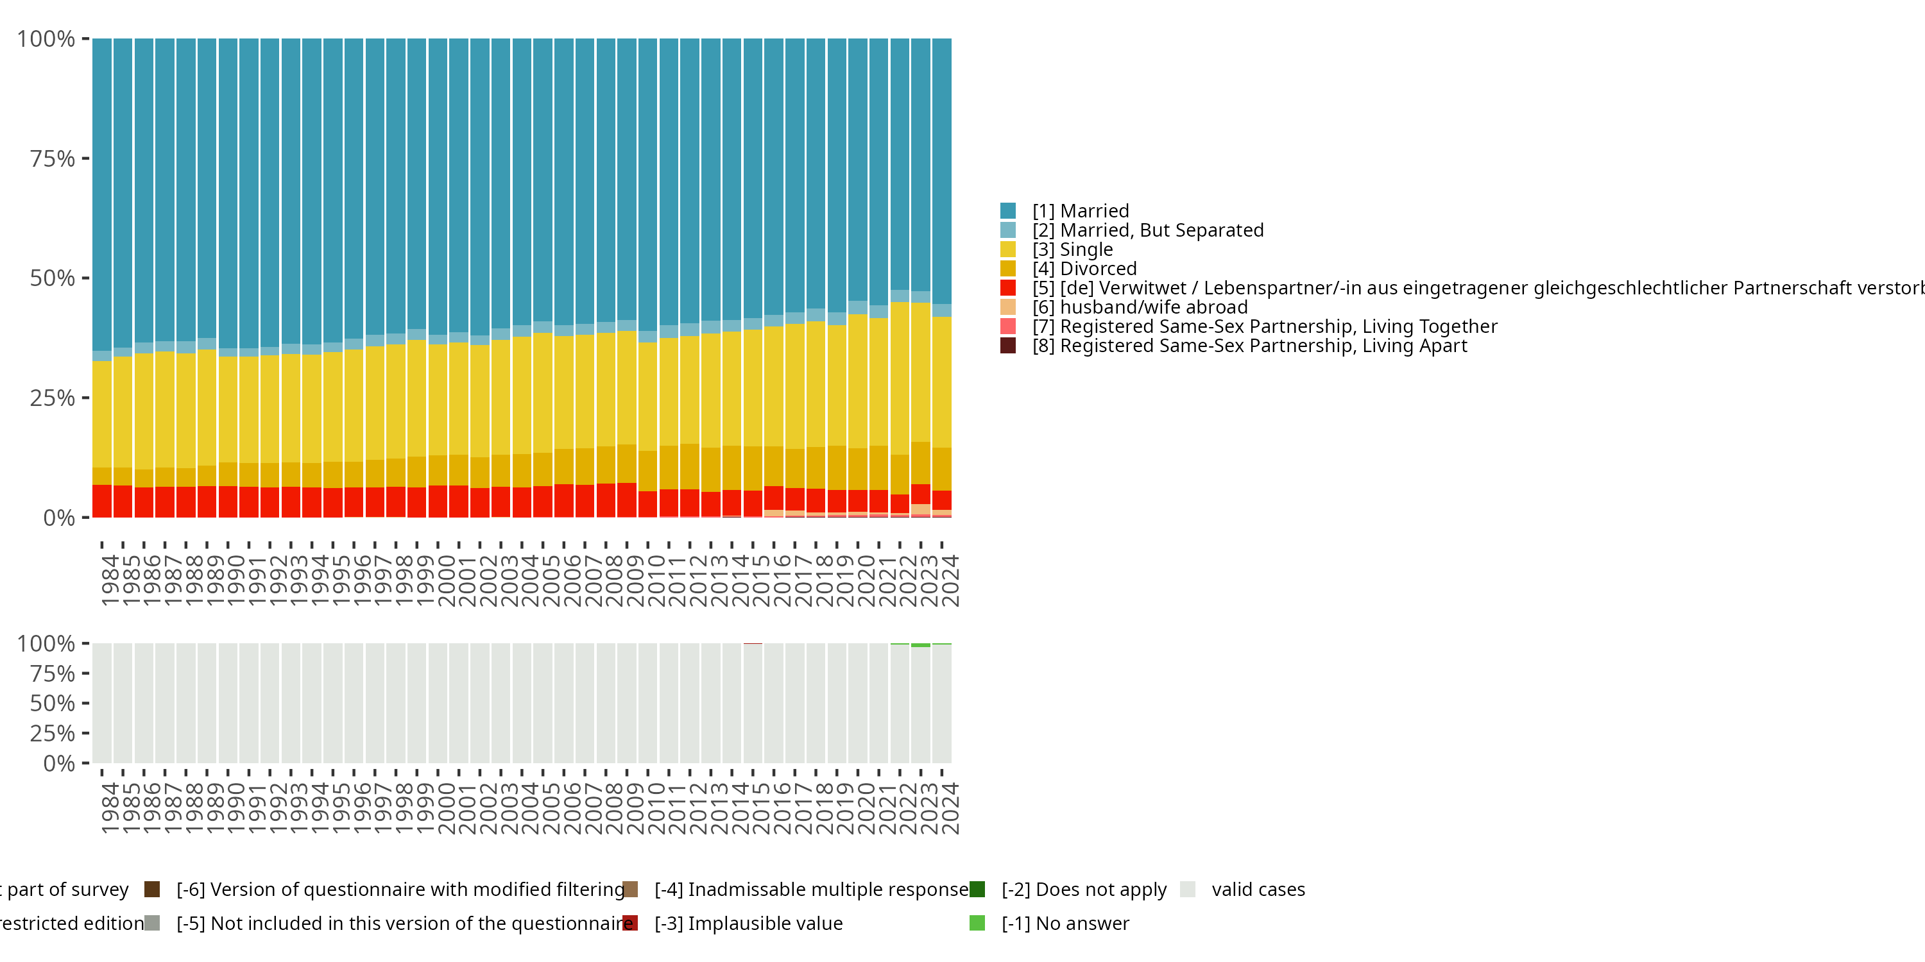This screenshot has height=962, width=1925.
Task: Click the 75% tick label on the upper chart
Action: (x=53, y=159)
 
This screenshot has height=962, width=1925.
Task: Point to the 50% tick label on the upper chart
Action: (x=53, y=278)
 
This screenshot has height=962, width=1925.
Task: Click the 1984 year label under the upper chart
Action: (x=110, y=580)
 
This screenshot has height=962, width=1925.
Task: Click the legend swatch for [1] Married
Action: (x=1007, y=210)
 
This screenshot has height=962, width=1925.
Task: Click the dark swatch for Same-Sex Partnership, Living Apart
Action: (x=1007, y=346)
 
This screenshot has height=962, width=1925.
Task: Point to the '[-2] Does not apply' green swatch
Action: (x=977, y=890)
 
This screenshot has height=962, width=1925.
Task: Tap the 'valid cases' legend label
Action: (x=1258, y=890)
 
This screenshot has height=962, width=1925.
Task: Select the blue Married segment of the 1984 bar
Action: (x=101, y=194)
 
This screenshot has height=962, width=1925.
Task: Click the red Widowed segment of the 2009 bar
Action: (x=627, y=500)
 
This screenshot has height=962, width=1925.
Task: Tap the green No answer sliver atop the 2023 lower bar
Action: (x=921, y=645)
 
